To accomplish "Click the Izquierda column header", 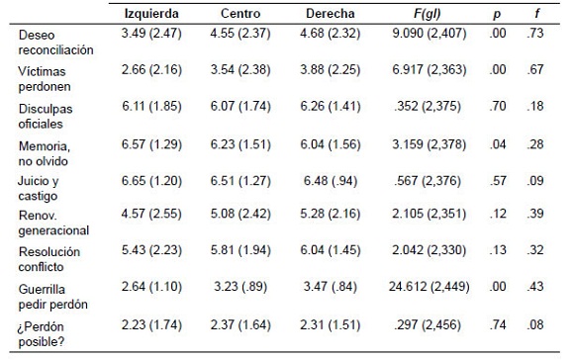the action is click(151, 14).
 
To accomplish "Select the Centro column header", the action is click(240, 14).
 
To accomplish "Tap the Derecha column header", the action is click(331, 14).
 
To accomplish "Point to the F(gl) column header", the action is click(428, 14).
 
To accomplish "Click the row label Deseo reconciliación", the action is click(56, 43).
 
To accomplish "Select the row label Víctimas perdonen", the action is click(45, 79).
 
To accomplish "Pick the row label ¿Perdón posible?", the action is click(41, 333).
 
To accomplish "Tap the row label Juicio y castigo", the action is click(39, 188).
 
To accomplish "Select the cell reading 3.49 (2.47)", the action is click(151, 34).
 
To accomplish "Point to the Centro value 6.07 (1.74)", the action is click(240, 106).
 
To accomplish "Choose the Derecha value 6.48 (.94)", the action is click(331, 181).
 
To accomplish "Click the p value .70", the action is click(498, 106).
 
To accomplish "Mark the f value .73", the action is click(535, 34).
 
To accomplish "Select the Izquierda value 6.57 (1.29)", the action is click(151, 144).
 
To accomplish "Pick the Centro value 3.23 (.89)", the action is click(240, 286).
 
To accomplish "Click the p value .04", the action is click(498, 144).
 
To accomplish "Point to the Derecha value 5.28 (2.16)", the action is click(331, 214).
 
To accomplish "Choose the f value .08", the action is click(535, 324).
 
